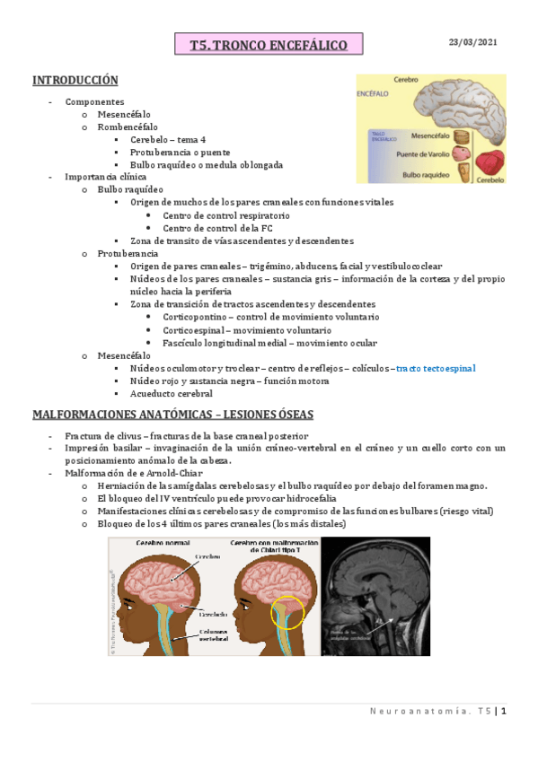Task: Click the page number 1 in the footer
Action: (505, 712)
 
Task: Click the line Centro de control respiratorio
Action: (226, 216)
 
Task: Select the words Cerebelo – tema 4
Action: (168, 140)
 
